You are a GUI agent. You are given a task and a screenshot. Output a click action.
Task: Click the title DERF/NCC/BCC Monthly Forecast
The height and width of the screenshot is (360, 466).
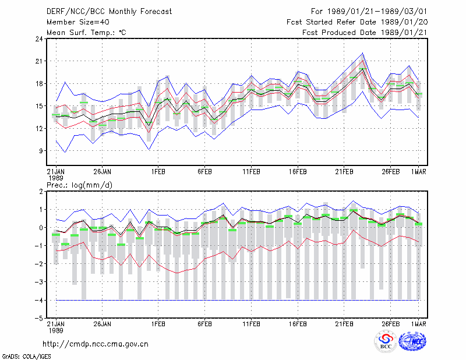point(109,12)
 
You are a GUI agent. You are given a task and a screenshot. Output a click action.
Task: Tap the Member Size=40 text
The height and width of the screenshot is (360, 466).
point(78,22)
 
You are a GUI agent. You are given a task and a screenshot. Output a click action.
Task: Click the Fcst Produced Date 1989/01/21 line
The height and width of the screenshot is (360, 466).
point(365,33)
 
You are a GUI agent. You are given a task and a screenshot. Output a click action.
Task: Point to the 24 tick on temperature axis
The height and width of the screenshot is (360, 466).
point(39,38)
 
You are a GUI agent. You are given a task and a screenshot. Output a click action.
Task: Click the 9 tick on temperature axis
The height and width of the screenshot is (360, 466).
point(41,151)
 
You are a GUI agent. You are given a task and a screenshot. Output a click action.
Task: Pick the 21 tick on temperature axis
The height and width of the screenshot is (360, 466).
point(39,61)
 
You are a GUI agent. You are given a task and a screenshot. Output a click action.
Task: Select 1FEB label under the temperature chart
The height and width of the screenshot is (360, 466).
point(158,172)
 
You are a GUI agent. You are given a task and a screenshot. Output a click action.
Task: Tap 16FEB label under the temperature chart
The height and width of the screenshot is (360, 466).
point(298,172)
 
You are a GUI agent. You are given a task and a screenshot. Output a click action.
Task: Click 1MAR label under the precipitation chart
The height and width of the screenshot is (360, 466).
point(418,324)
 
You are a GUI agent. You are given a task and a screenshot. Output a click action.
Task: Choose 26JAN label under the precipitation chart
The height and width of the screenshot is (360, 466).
point(103,324)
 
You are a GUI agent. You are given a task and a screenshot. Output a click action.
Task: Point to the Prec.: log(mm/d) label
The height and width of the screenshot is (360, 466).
point(79,185)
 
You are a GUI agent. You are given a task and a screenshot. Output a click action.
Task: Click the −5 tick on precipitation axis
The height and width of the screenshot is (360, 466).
point(39,318)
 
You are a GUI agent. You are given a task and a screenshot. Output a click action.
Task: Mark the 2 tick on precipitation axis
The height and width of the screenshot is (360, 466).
point(41,192)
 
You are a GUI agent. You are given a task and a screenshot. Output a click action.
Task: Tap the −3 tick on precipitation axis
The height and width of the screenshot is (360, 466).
point(39,282)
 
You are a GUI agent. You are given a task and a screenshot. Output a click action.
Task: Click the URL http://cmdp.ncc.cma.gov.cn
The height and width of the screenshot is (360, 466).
point(96,344)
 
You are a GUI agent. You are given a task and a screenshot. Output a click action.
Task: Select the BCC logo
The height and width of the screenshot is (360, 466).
point(386,341)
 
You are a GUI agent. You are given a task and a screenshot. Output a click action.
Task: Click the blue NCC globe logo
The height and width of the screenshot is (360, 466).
point(412,341)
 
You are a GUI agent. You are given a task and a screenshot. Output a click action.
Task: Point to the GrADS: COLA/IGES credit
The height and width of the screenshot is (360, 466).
point(27,357)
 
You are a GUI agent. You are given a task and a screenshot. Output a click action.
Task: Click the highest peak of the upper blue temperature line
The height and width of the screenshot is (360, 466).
point(362,53)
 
